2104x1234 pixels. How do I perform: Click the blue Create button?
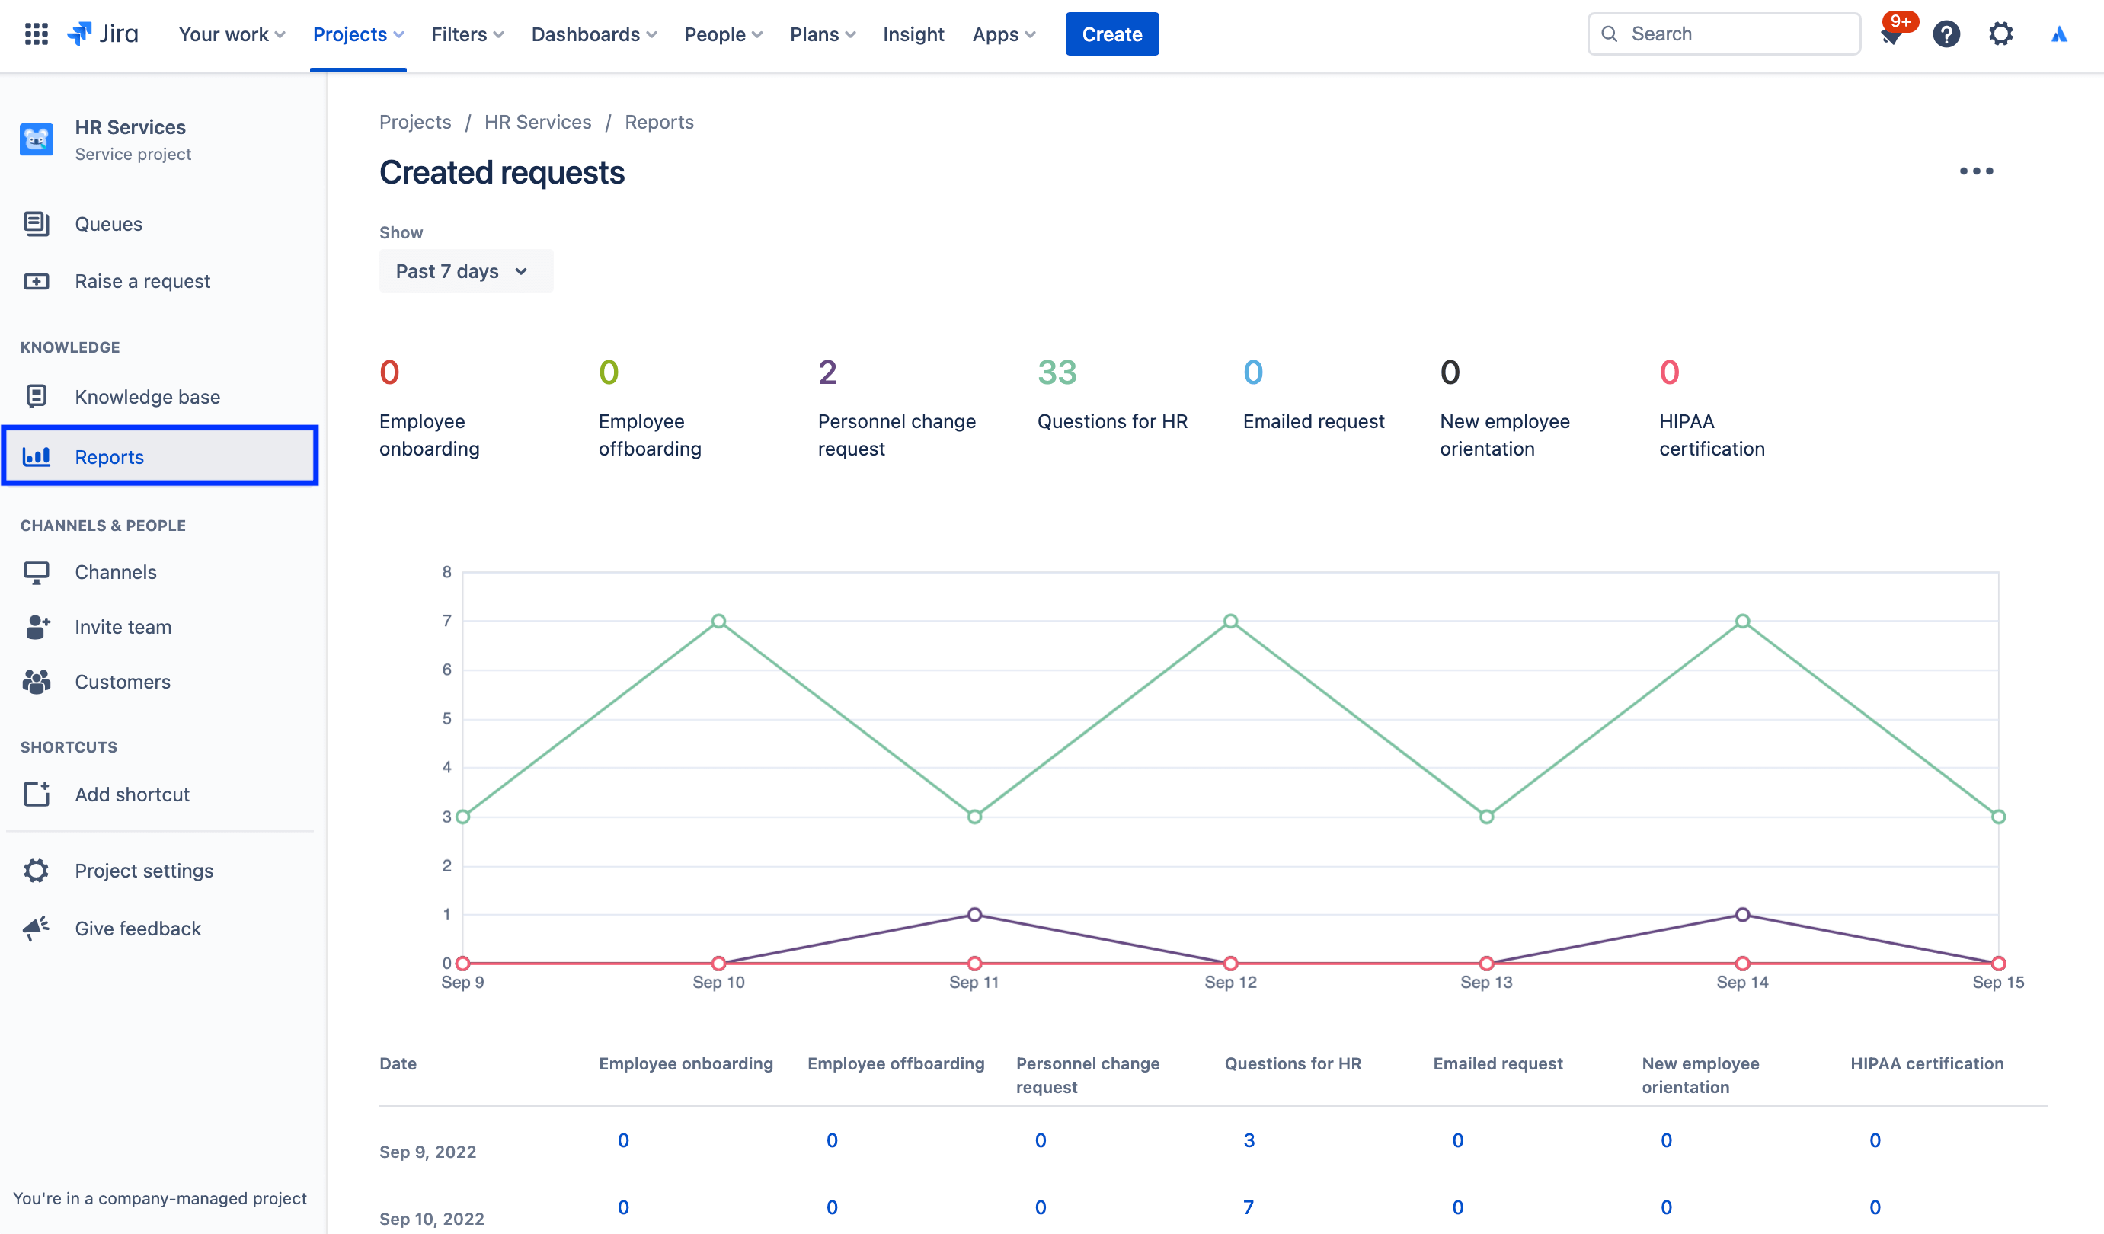click(1111, 34)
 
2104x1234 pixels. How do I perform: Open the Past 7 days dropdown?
click(464, 271)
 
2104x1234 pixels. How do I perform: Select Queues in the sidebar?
click(108, 224)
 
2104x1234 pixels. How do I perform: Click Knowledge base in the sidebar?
click(147, 397)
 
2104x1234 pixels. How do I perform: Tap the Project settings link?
click(144, 870)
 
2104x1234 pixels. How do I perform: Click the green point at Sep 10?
click(718, 621)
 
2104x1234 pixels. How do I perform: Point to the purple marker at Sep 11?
click(974, 914)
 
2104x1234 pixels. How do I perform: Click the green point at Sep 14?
click(1741, 621)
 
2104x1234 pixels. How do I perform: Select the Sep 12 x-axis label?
click(1229, 982)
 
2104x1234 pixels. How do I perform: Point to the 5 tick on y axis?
click(446, 718)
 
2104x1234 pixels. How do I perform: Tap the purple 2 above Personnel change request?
click(827, 372)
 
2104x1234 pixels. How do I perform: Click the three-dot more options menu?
click(1975, 171)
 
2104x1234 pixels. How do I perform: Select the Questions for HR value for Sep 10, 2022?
click(1249, 1207)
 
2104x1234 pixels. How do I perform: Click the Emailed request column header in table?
click(1497, 1063)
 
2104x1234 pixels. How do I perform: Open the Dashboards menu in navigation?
click(593, 34)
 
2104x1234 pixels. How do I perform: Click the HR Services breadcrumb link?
click(537, 122)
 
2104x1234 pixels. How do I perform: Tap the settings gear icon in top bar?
click(2000, 34)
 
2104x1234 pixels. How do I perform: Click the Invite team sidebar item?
click(123, 627)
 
